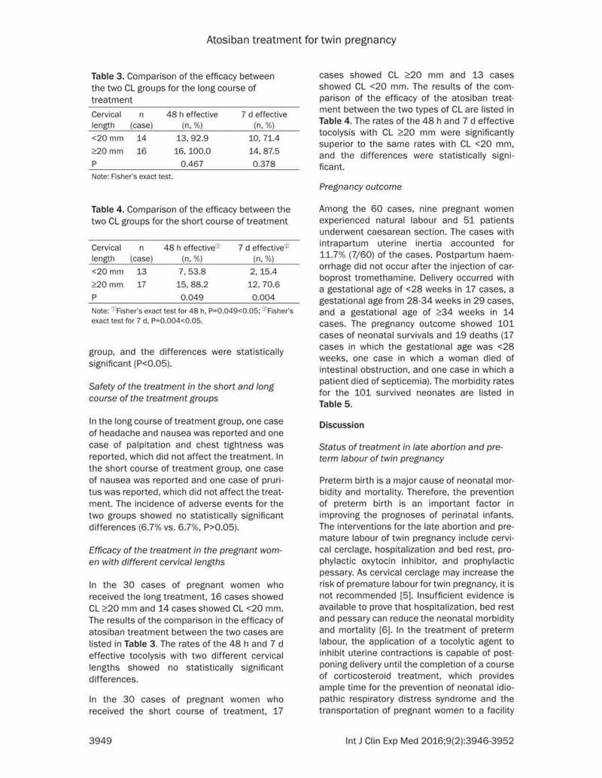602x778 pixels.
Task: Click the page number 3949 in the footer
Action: point(101,740)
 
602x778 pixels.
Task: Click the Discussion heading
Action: point(342,425)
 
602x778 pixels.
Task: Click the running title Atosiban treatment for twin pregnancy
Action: point(301,38)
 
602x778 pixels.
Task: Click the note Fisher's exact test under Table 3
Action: point(132,177)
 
